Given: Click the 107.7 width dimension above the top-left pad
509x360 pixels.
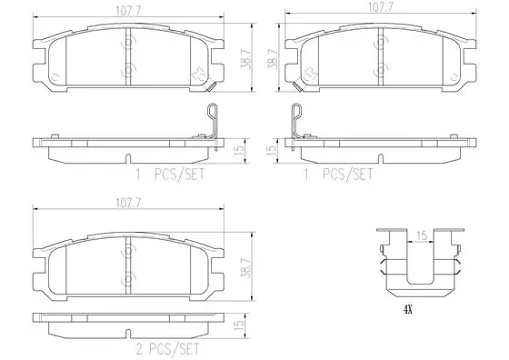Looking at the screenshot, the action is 129,11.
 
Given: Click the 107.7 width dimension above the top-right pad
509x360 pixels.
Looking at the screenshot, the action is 380,8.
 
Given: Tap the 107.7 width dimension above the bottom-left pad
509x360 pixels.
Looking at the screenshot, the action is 129,204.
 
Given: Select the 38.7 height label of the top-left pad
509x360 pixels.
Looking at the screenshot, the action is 245,59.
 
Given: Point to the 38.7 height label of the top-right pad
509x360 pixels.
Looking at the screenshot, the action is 272,59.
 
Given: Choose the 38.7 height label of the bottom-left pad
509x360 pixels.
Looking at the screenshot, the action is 245,268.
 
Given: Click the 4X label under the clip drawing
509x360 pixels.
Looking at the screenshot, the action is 408,310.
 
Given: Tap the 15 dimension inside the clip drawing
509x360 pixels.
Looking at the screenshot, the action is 422,235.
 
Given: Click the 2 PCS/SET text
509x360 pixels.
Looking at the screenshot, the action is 167,349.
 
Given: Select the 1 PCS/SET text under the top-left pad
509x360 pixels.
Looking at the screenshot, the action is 171,175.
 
